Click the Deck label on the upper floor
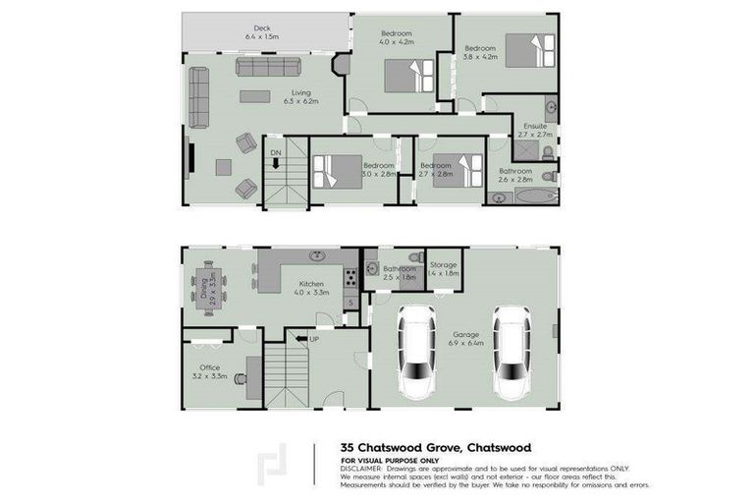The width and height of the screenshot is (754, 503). point(261,28)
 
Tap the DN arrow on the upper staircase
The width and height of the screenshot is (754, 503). point(278,160)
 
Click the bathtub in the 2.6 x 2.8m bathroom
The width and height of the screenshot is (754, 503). point(521,197)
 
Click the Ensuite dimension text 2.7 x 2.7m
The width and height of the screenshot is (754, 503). point(538,135)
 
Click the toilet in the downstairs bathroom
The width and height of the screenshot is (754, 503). point(415,257)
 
